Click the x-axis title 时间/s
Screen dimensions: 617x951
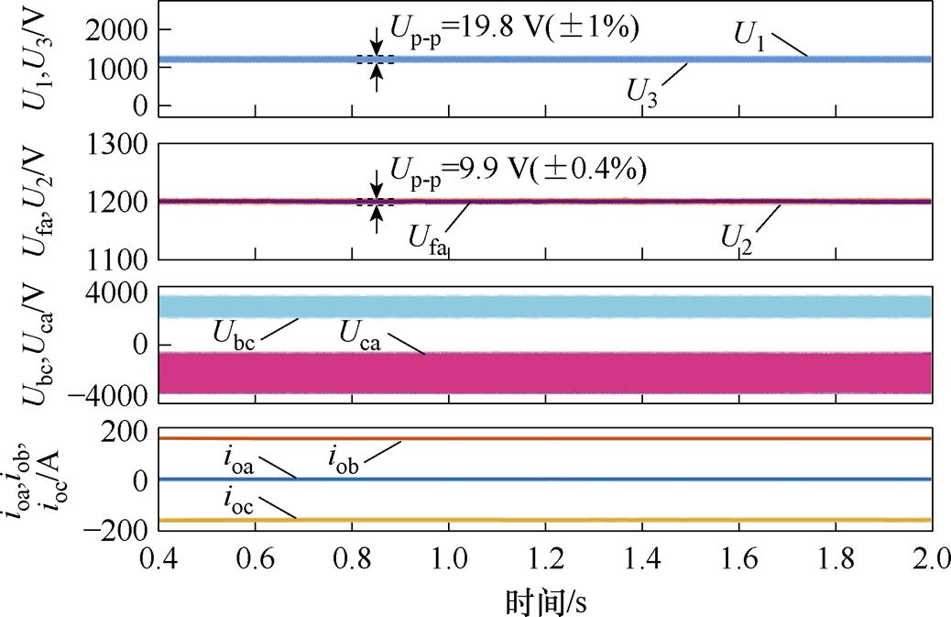pos(545,601)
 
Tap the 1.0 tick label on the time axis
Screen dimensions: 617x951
pos(449,559)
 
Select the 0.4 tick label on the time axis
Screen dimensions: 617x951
pos(159,559)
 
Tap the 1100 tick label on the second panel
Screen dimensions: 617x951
pos(115,259)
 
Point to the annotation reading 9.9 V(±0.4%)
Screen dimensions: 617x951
pos(508,170)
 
